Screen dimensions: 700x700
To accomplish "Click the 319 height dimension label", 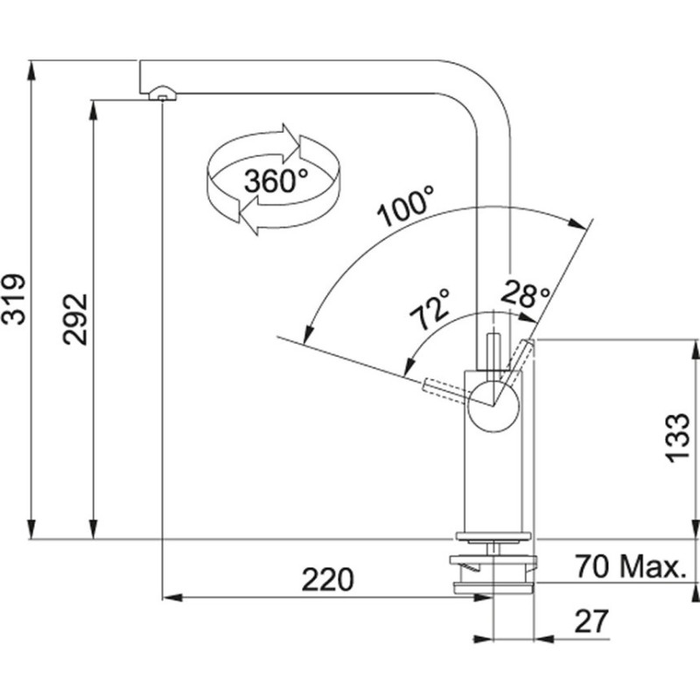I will (x=14, y=299).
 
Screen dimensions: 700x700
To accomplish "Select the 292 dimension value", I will (x=77, y=318).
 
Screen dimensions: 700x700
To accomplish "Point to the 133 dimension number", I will (x=677, y=435).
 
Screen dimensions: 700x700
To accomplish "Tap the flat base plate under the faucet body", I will (x=493, y=535).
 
